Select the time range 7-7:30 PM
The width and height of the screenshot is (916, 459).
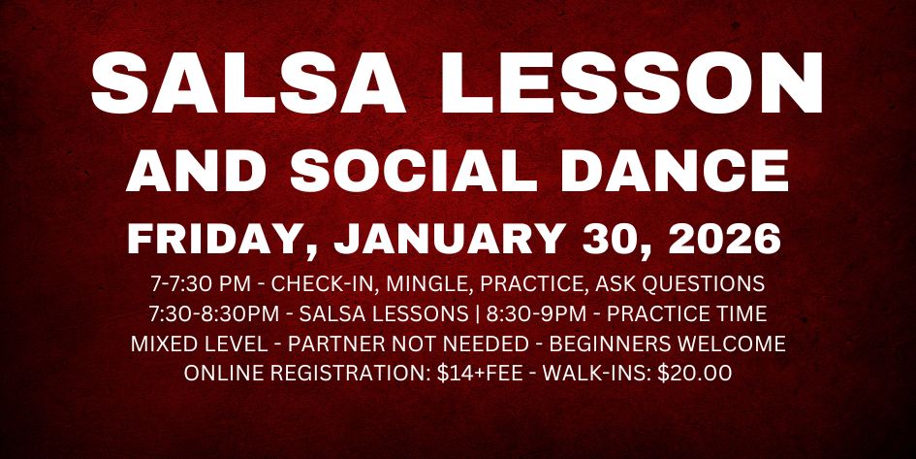(x=205, y=285)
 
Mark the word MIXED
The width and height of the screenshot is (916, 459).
(x=166, y=344)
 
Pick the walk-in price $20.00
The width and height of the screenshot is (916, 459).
(x=690, y=374)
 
